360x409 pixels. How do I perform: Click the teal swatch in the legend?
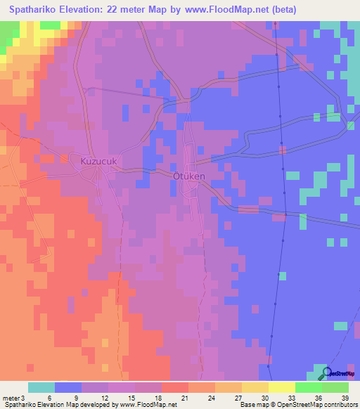41,387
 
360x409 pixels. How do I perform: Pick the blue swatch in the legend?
68,387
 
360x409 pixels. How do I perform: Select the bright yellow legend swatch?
282,387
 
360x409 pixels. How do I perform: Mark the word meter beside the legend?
10,398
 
